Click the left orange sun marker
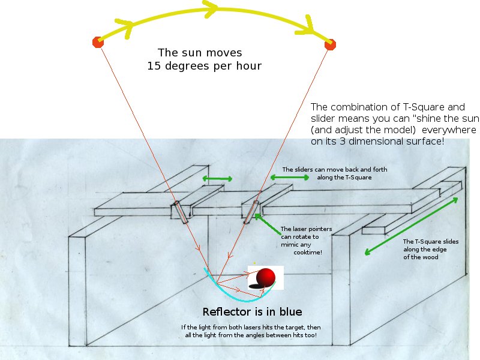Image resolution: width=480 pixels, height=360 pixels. point(98,42)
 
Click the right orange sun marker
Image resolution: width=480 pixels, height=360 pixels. point(329,44)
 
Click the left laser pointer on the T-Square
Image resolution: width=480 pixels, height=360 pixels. point(181,212)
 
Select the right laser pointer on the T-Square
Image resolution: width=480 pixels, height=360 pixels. point(251,212)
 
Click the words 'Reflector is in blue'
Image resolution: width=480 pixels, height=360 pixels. point(252,312)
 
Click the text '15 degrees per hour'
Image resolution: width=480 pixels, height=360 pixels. point(204,66)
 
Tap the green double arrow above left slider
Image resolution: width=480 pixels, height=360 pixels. point(217,178)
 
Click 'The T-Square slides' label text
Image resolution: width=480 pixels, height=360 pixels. point(430,241)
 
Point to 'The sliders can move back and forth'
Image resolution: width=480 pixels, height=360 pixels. point(335,170)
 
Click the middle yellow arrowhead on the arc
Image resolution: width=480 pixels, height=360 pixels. point(210,8)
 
